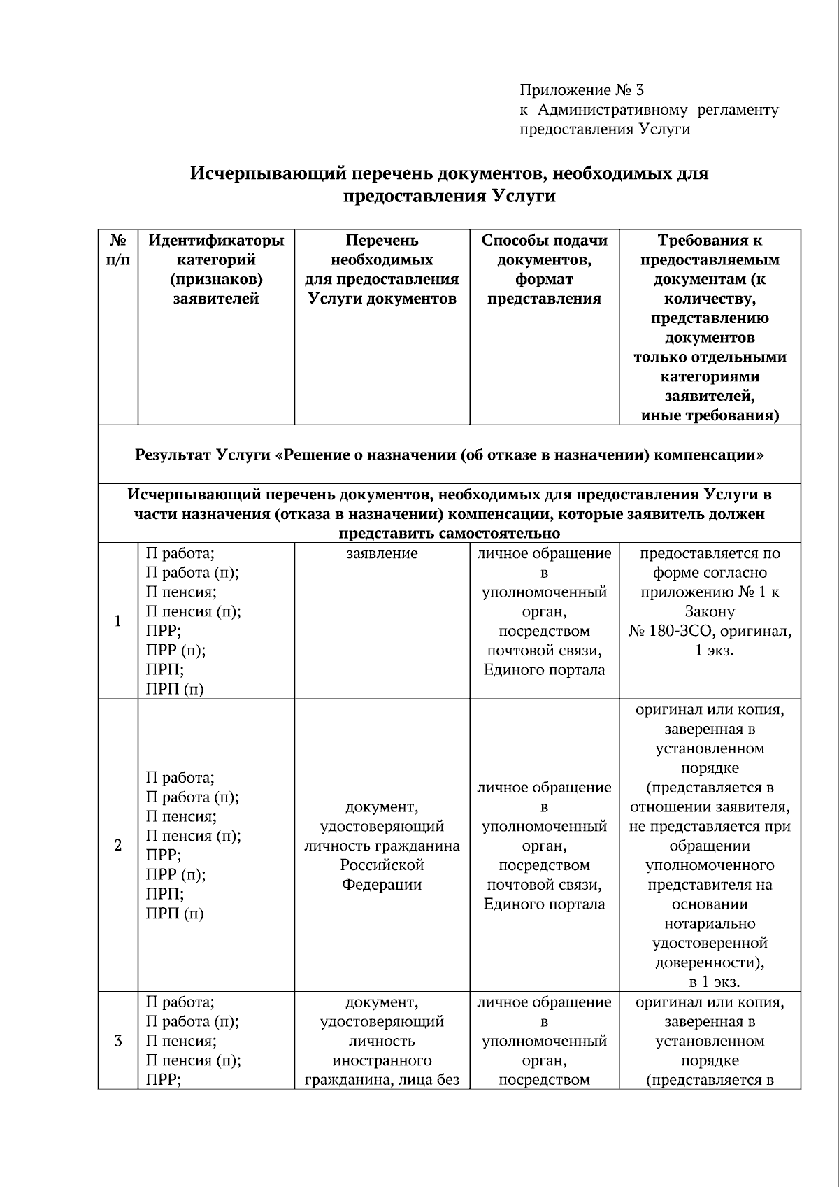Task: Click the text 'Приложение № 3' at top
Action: click(581, 90)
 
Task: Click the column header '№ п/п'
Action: click(118, 250)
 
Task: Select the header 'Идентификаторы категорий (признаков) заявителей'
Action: click(216, 269)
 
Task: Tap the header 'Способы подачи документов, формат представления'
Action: click(544, 269)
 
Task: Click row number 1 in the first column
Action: click(118, 621)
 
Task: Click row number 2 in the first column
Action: click(118, 846)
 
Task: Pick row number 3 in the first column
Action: click(118, 1041)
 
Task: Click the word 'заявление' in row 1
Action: click(382, 554)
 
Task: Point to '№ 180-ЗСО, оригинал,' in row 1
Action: click(710, 632)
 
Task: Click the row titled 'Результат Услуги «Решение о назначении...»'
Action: click(449, 455)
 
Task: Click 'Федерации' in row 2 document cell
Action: click(382, 885)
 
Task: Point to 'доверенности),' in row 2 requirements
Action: click(710, 962)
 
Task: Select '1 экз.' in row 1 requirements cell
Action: click(710, 651)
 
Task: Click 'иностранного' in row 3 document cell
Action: click(382, 1060)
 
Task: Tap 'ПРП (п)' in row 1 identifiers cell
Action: click(175, 690)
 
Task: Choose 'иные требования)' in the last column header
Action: click(710, 415)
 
